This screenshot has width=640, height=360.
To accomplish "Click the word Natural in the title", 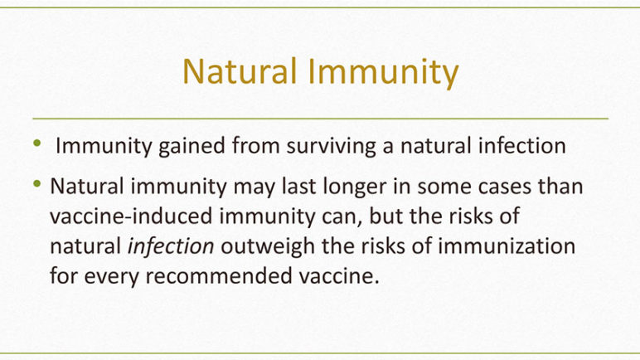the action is [x=240, y=71].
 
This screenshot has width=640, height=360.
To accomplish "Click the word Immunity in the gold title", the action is [x=383, y=73].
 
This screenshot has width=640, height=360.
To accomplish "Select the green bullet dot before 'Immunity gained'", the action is [x=37, y=143].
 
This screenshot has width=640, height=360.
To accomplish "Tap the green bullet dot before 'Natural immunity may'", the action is [x=37, y=184].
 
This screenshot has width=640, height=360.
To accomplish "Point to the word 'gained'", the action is [x=192, y=146].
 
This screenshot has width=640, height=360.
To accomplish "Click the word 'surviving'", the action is [x=331, y=146].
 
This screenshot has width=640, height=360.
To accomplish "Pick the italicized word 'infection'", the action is [x=171, y=246].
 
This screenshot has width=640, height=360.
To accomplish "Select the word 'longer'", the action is [x=354, y=187].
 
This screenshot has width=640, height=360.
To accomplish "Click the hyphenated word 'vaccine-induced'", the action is [x=131, y=216].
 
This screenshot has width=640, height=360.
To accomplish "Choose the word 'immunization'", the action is [x=507, y=246].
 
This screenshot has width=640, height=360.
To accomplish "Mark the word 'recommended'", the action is [x=219, y=276].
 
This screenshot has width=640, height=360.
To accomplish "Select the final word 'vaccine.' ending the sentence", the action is [x=339, y=276].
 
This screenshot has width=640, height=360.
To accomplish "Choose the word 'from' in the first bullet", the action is [x=255, y=145].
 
